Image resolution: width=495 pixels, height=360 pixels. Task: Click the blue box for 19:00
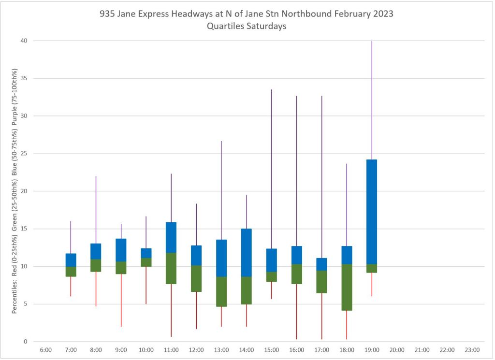coord(372,212)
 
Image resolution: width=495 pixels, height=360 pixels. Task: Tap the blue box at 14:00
coord(246,252)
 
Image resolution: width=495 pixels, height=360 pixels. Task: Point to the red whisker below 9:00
coord(121,300)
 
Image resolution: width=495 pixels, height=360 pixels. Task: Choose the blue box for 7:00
coord(71,260)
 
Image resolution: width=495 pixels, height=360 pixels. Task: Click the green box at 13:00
coord(221,291)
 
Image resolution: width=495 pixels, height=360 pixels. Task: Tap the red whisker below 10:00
coord(146,285)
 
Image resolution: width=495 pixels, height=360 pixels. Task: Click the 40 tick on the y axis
coord(23,41)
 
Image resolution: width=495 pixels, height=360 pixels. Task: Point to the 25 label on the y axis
coord(23,154)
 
